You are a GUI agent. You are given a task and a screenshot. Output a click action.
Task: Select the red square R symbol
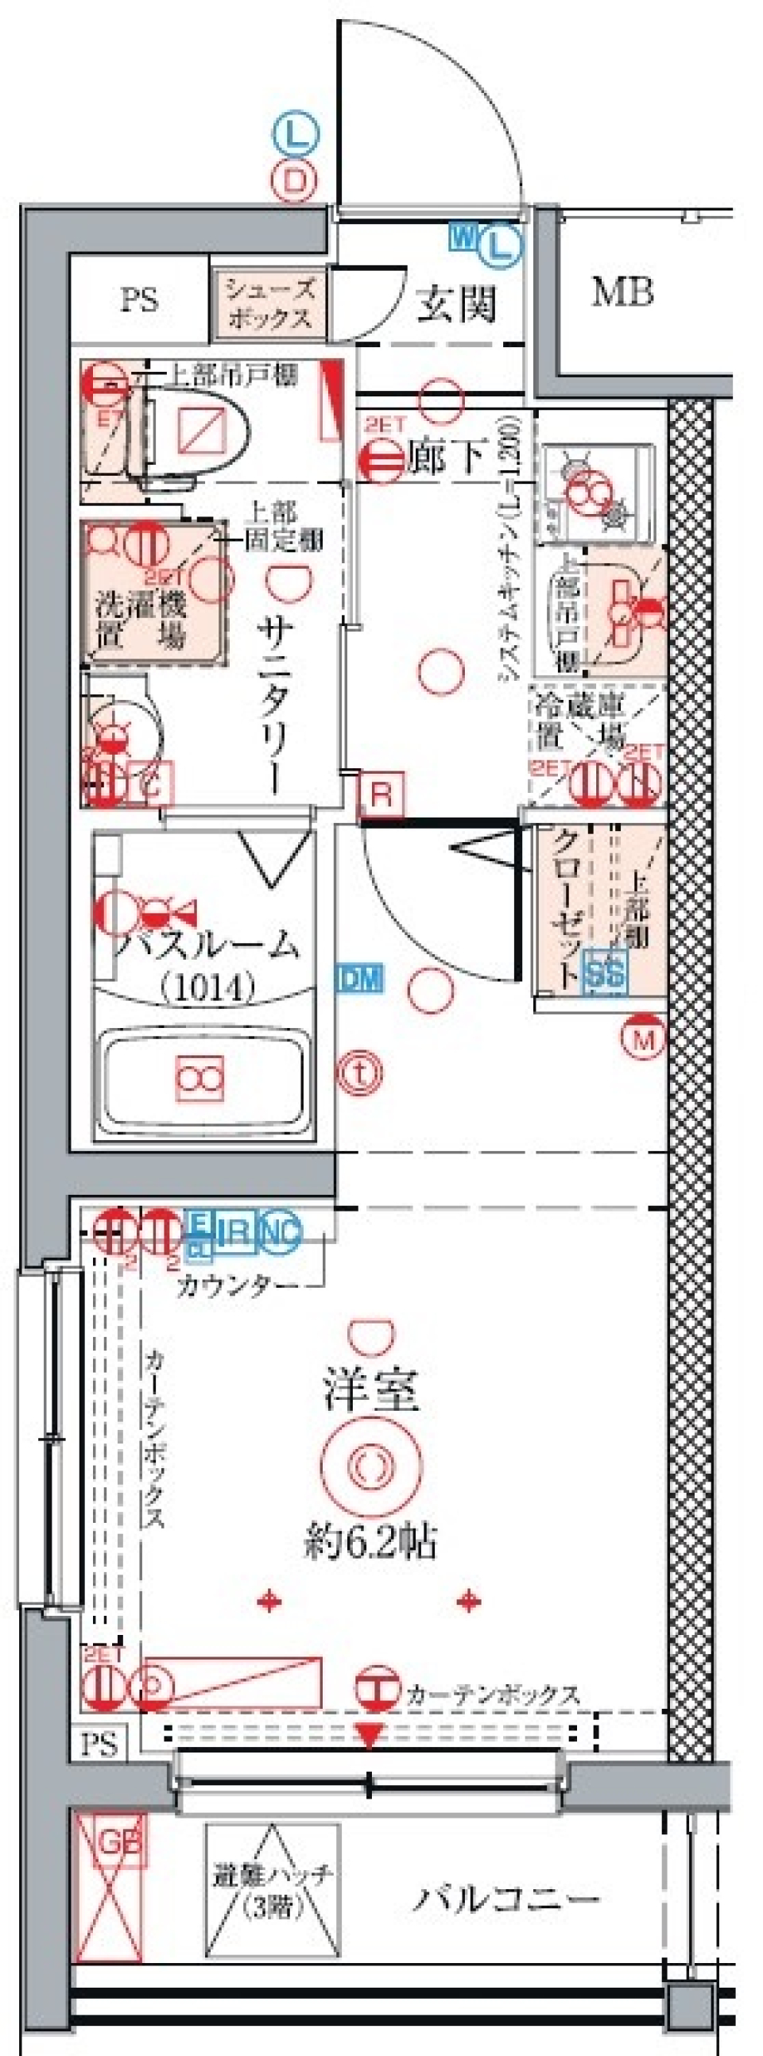coord(381,794)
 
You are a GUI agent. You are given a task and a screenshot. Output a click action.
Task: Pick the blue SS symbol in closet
coord(606,972)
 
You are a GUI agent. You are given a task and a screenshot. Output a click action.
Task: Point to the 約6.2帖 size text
coord(370,1542)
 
